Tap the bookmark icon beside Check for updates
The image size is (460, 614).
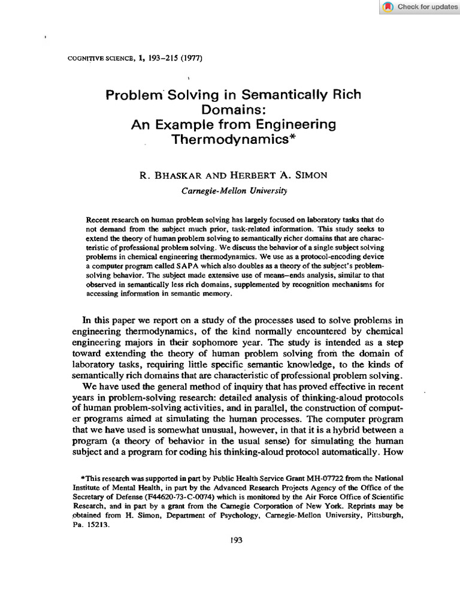388,7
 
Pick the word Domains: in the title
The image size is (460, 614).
234,110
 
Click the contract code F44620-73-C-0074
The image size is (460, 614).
158,496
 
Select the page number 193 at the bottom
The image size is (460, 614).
236,540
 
